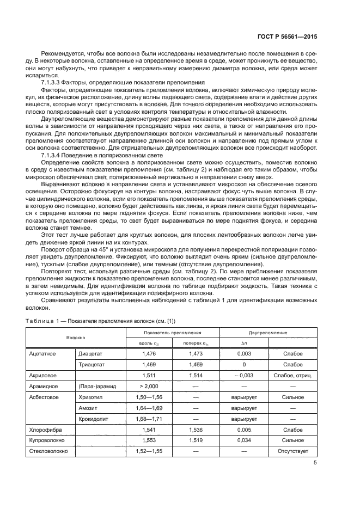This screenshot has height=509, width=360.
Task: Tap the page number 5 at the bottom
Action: tap(315, 463)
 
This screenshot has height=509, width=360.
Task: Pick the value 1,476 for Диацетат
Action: tap(149, 353)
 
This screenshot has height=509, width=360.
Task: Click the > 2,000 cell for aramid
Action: tap(149, 386)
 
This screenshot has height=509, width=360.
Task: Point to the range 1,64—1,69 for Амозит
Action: tap(149, 408)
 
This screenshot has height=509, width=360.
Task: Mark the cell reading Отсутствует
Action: tap(293, 451)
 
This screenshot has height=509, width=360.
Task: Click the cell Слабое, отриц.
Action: tap(293, 375)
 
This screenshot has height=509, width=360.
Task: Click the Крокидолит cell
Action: tap(93, 419)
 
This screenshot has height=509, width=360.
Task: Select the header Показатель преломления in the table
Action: tap(173, 332)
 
